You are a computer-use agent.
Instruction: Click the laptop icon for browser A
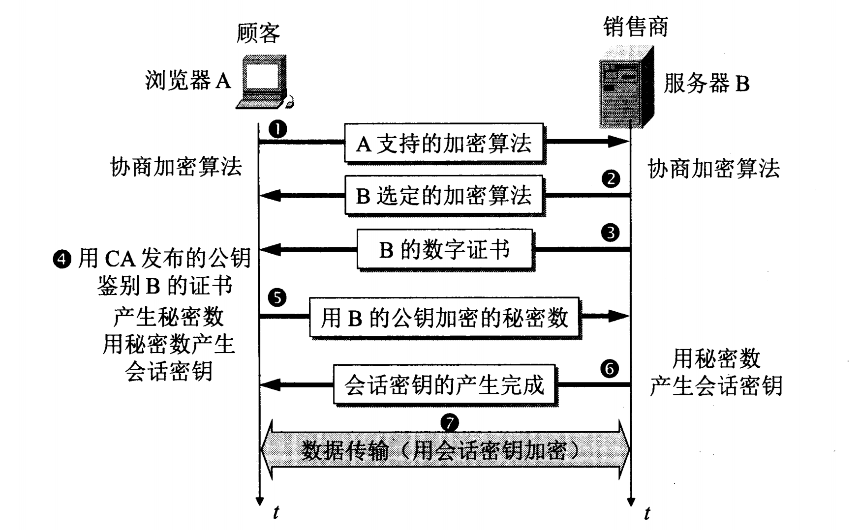(x=263, y=82)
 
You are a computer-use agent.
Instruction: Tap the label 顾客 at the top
(x=258, y=33)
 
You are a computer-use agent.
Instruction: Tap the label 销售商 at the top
(x=636, y=27)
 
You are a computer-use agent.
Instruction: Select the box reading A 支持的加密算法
(x=444, y=143)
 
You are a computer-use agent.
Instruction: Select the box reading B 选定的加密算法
(x=444, y=195)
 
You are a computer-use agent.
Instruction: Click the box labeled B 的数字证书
(x=445, y=249)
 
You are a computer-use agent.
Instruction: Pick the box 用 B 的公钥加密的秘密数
(x=444, y=317)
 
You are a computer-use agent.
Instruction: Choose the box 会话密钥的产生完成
(x=444, y=384)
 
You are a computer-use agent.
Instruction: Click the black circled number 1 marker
(x=278, y=130)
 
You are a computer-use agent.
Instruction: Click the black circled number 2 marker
(x=611, y=178)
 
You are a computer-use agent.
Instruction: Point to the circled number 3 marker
(x=611, y=233)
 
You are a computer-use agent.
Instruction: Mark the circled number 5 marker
(x=277, y=297)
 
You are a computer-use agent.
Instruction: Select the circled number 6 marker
(x=610, y=368)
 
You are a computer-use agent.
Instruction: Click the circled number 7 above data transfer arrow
(x=449, y=422)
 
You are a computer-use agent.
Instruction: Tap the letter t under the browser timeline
(x=276, y=513)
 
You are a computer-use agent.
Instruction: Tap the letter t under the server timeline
(x=646, y=513)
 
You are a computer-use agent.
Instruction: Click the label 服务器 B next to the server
(x=706, y=84)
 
